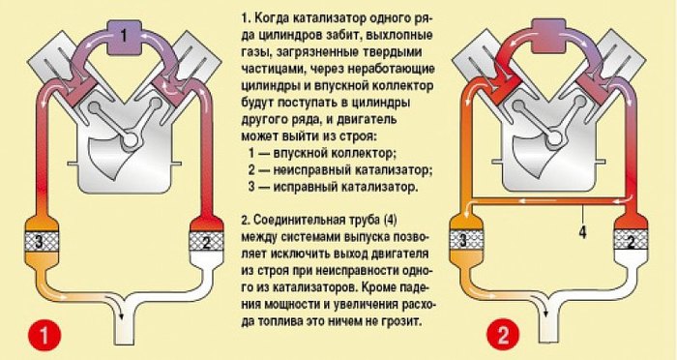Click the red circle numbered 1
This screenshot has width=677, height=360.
[44, 336]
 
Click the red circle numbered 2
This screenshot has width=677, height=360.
[504, 336]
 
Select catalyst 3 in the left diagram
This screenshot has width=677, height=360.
[39, 241]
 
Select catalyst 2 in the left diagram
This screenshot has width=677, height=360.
[206, 240]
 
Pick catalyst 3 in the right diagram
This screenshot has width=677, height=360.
[463, 239]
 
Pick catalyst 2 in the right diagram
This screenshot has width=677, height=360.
[631, 239]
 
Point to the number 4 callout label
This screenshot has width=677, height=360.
[582, 232]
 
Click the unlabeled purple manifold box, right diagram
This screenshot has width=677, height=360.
[548, 35]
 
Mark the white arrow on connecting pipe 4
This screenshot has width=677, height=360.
[532, 201]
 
